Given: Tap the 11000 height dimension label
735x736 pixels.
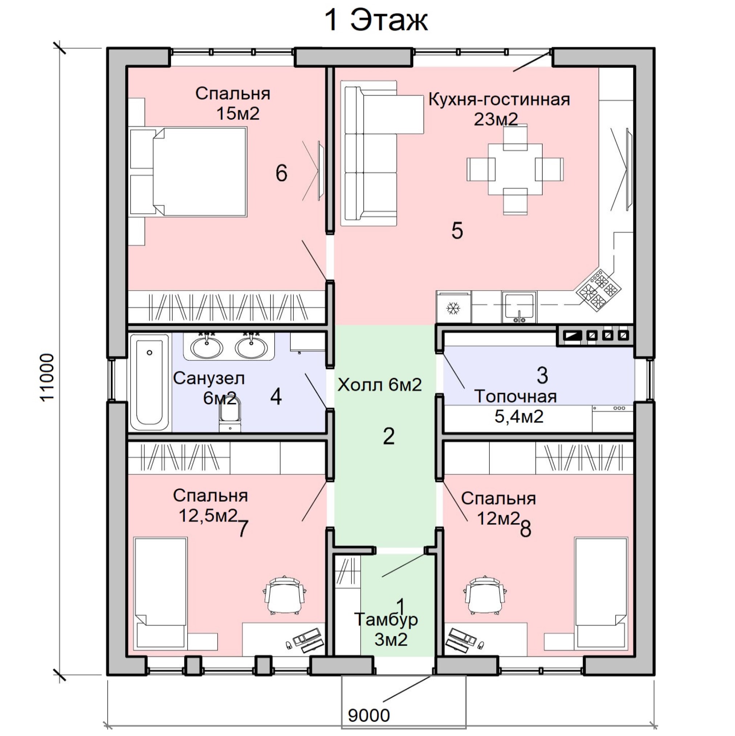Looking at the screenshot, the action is click(x=47, y=377).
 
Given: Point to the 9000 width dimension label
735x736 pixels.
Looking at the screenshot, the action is click(x=369, y=715).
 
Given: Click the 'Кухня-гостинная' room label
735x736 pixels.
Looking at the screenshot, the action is click(x=499, y=100).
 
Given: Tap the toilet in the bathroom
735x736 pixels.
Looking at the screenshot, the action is click(x=230, y=416).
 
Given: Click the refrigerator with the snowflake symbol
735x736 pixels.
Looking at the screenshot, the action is click(x=453, y=307).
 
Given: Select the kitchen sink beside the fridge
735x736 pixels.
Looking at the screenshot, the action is click(x=519, y=307).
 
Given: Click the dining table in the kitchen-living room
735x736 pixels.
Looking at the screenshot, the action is click(x=515, y=169).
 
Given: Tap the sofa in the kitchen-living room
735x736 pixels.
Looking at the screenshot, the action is click(x=382, y=153).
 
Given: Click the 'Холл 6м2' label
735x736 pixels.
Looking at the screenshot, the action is click(x=380, y=385).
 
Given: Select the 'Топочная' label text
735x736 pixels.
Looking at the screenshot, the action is click(x=515, y=397).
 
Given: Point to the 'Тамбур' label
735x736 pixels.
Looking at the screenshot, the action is click(x=386, y=620).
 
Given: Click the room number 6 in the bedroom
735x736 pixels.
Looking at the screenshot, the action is click(x=281, y=173).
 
